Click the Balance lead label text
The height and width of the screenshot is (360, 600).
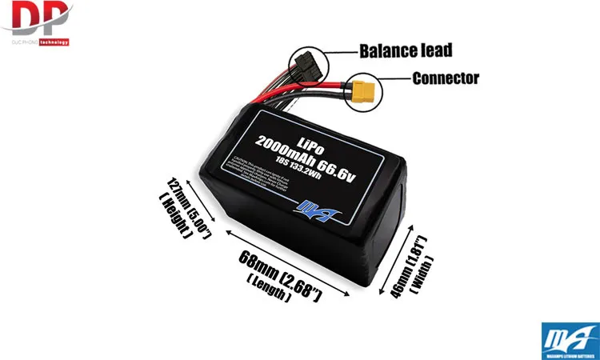[x=406, y=51]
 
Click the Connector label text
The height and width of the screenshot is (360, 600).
[x=445, y=78]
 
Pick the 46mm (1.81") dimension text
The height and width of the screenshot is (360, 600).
[x=407, y=264]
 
